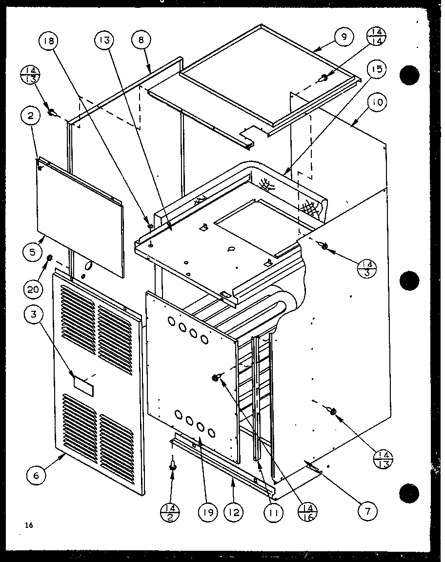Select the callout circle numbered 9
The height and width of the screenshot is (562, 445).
[344, 38]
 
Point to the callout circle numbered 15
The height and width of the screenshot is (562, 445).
[377, 70]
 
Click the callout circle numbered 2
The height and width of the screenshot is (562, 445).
[30, 116]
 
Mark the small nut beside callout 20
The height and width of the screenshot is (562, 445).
[49, 257]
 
